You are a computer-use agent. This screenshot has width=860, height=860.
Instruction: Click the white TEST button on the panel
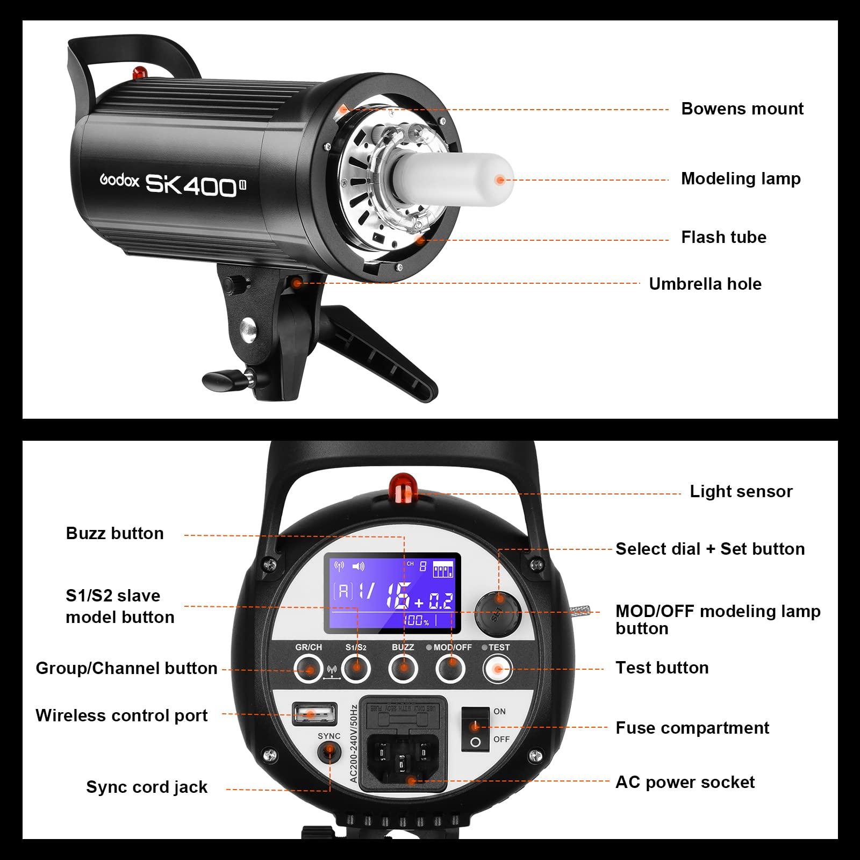(498, 669)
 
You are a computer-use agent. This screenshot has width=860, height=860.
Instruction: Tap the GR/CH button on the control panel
(309, 669)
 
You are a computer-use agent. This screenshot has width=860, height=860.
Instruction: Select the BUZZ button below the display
(403, 669)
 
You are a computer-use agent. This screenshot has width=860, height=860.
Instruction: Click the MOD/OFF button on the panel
(450, 669)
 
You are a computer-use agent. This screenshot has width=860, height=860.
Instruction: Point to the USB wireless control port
(314, 714)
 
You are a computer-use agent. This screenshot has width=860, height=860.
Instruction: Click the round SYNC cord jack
(328, 752)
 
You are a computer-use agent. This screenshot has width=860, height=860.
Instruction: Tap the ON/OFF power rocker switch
(475, 729)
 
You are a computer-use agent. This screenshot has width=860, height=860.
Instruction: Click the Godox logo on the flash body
(119, 180)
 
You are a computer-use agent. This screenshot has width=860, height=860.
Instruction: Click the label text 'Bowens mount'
(742, 109)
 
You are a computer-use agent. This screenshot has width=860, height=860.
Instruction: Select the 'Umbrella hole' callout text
(705, 284)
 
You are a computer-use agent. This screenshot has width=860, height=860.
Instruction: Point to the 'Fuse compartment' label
(692, 728)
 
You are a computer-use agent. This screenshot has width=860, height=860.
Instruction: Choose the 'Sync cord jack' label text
(146, 787)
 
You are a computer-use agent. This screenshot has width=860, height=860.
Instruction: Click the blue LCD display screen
(392, 592)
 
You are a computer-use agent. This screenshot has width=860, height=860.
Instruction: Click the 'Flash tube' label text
(723, 237)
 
